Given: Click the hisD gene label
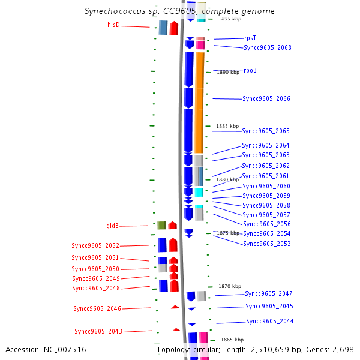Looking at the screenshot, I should pyautogui.click(x=113, y=25).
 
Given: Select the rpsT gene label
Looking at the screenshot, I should pyautogui.click(x=250, y=38).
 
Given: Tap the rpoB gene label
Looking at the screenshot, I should pyautogui.click(x=250, y=70).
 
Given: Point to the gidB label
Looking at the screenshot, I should pyautogui.click(x=112, y=226).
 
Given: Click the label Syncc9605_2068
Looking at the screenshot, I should pyautogui.click(x=267, y=47).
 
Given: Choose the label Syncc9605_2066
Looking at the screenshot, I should pyautogui.click(x=266, y=98).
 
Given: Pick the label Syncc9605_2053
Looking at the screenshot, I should pyautogui.click(x=266, y=244).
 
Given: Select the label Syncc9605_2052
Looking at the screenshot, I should pyautogui.click(x=95, y=245).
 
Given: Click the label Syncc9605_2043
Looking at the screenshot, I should pyautogui.click(x=98, y=331).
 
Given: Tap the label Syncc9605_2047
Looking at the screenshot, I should pyautogui.click(x=268, y=293).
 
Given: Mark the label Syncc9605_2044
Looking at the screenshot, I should pyautogui.click(x=269, y=321).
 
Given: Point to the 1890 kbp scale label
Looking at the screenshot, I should pyautogui.click(x=227, y=72).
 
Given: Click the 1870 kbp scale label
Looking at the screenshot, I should pyautogui.click(x=230, y=286).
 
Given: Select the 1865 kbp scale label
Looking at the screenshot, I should pyautogui.click(x=232, y=340).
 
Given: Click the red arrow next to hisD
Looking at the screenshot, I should pyautogui.click(x=173, y=28).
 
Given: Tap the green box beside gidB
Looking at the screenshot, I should pyautogui.click(x=161, y=226).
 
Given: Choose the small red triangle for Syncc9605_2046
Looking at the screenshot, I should pyautogui.click(x=175, y=307).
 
